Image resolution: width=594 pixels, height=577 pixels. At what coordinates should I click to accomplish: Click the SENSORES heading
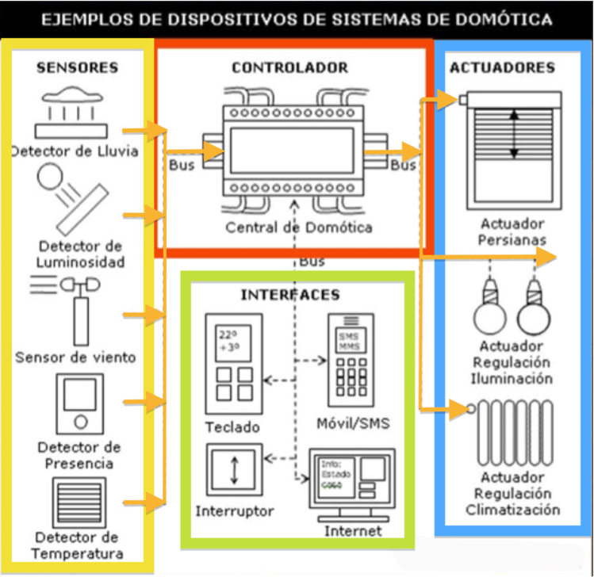pos(77,68)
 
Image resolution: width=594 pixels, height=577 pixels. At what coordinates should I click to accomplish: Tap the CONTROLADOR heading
pos(289,68)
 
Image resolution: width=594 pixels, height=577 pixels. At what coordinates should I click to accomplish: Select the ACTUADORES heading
pos(502,67)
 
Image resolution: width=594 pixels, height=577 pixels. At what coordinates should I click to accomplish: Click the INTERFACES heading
pos(289,295)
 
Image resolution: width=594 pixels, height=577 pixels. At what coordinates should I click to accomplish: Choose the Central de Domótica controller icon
pos(291,150)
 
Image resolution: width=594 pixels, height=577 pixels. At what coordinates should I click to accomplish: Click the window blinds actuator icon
pos(513,135)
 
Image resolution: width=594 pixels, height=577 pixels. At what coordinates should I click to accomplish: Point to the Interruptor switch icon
pos(233,470)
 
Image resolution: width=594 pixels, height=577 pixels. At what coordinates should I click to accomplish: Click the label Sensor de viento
pos(75,357)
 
